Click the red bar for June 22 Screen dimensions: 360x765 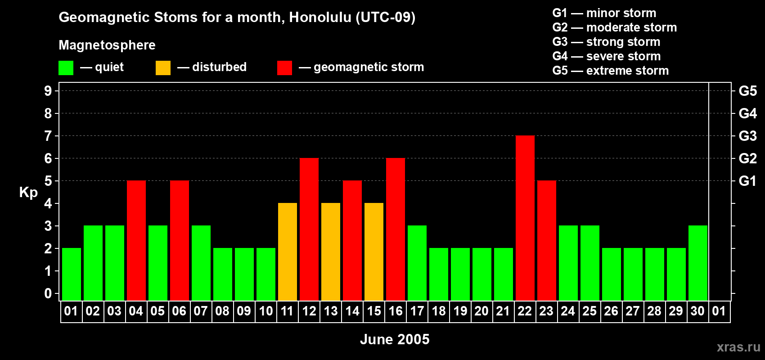tap(525, 218)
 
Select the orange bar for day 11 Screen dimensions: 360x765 tap(288, 252)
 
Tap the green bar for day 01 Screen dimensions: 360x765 tap(72, 274)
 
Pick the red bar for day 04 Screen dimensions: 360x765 tap(136, 241)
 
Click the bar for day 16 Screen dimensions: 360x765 tap(396, 229)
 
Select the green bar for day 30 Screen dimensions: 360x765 tap(698, 263)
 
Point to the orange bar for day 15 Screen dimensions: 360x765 tap(374, 252)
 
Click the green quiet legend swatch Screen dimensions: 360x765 tap(66, 68)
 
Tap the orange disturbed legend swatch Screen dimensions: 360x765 tap(163, 68)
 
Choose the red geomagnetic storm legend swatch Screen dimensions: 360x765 tap(284, 68)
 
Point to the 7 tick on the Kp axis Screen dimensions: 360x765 tap(48, 136)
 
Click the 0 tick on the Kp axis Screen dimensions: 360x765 tap(48, 294)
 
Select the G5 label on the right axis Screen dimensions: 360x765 tap(747, 91)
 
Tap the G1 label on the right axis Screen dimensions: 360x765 tap(747, 181)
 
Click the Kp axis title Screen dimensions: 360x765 tap(28, 193)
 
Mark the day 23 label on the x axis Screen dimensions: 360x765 tap(546, 311)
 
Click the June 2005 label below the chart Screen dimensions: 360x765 tap(395, 339)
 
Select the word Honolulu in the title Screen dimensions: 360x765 tap(320, 17)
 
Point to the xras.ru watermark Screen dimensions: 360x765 tap(738, 347)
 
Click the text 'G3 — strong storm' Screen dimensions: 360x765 tap(606, 42)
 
